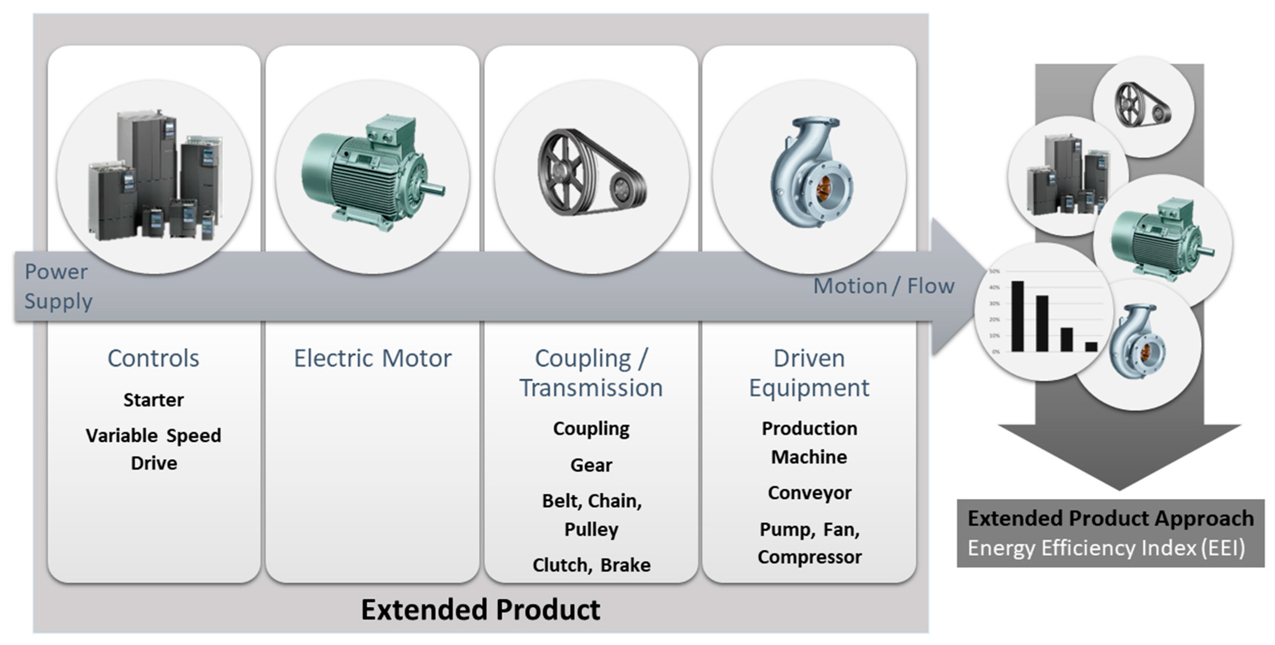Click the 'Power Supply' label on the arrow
pyautogui.click(x=58, y=286)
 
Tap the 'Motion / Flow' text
pyautogui.click(x=883, y=286)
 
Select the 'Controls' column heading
pyautogui.click(x=153, y=358)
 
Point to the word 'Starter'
pyautogui.click(x=153, y=400)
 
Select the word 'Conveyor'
pyautogui.click(x=809, y=493)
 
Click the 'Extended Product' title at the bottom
pyautogui.click(x=480, y=609)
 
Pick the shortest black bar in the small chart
pyautogui.click(x=1091, y=347)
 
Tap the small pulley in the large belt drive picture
pyautogui.click(x=621, y=190)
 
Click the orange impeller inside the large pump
pyautogui.click(x=824, y=188)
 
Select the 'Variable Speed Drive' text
pyautogui.click(x=153, y=449)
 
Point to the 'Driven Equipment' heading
pyautogui.click(x=809, y=372)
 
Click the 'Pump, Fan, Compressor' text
pyautogui.click(x=809, y=543)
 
